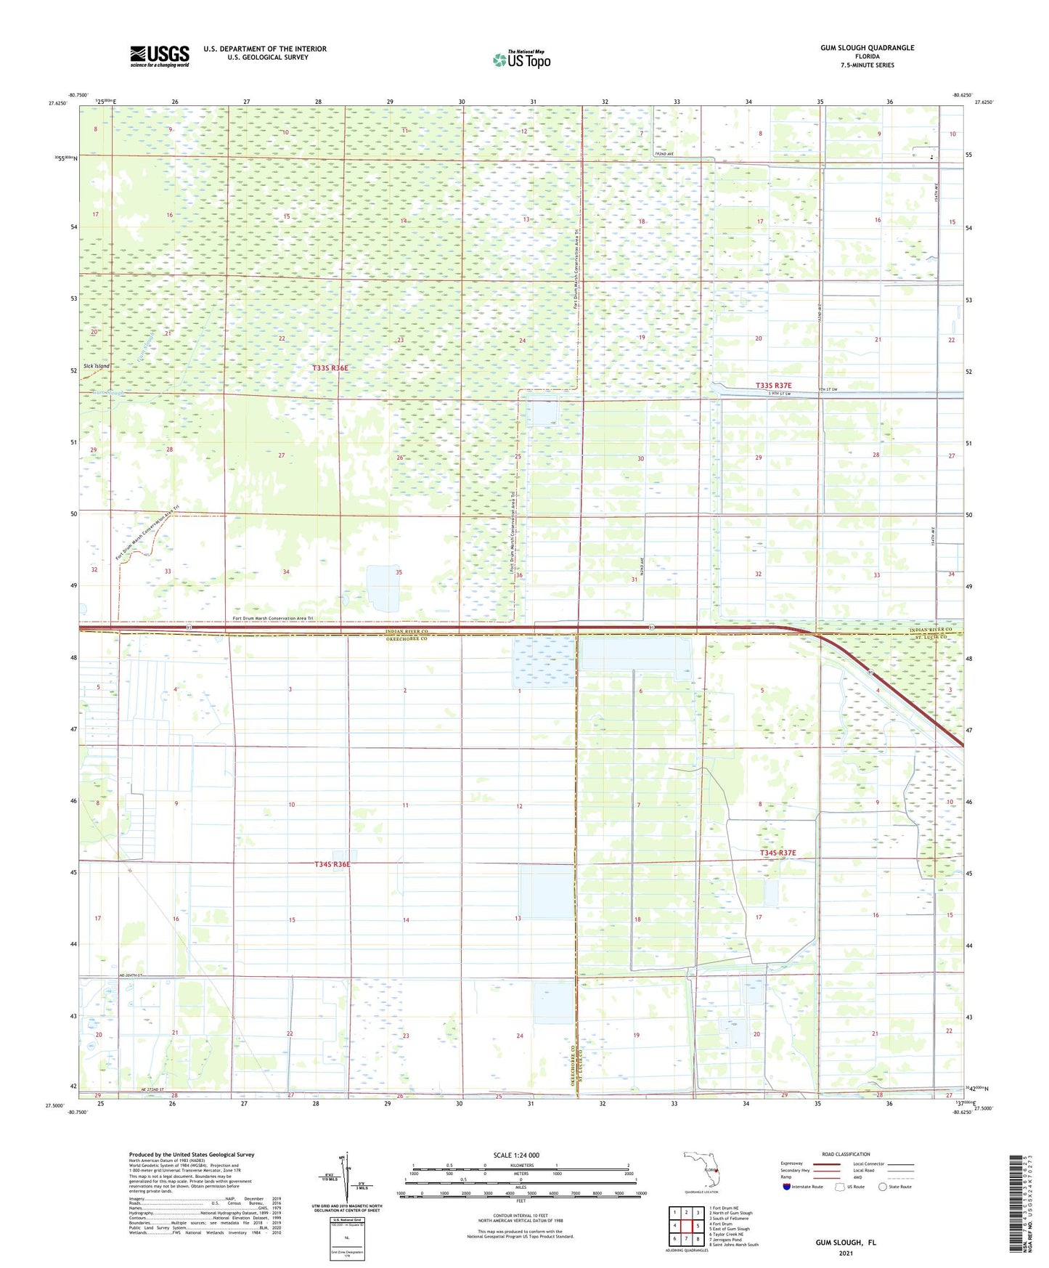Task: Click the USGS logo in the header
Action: (160, 56)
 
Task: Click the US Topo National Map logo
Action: (521, 59)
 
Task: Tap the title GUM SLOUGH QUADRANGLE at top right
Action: (867, 48)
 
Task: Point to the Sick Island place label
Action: (97, 366)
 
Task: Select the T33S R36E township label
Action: (330, 368)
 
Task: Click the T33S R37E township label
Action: (774, 386)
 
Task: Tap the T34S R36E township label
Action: (332, 864)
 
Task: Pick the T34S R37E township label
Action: (777, 853)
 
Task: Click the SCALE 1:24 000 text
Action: (516, 1155)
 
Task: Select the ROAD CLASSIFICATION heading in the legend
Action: (846, 1154)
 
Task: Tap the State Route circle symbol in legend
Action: (883, 1187)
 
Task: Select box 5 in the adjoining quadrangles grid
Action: (698, 1225)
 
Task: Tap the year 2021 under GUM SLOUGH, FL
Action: (845, 1253)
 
